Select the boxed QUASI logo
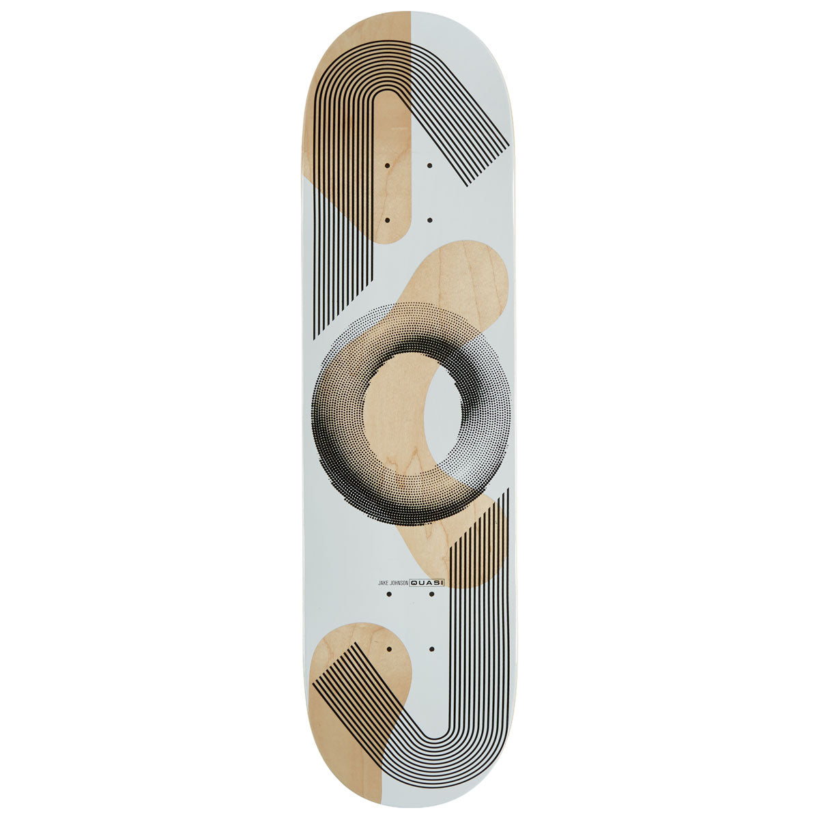pos(427,582)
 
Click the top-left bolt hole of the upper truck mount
pos(387,165)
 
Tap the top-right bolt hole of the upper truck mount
pos(430,165)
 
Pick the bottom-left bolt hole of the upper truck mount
pos(387,220)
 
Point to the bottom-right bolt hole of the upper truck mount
pos(430,220)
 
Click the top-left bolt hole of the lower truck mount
pos(388,594)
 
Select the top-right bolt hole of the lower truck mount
pos(431,594)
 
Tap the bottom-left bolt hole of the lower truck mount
pos(388,649)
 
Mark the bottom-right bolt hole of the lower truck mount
pos(431,649)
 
